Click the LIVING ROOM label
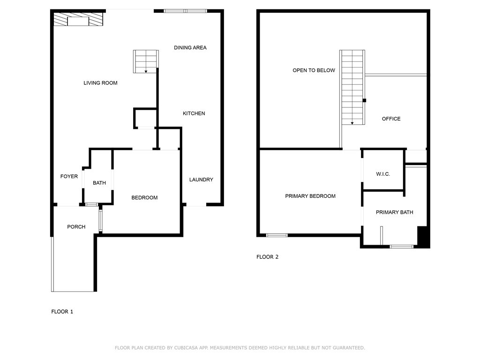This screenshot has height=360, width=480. pos(100,83)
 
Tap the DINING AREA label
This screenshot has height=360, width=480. pos(190,47)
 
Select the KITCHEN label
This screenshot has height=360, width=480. pos(194,113)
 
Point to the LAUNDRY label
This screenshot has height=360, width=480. pos(201,180)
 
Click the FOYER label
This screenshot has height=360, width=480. pos(69,176)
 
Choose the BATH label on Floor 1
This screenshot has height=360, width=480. pos(99,183)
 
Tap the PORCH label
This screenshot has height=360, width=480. pos(76,227)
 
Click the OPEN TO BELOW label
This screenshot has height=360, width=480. pos(314,70)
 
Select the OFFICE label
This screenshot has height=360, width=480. pos(391,119)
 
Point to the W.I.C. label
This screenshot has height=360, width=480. pos(382,174)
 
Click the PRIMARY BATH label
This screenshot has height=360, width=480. pos(394,212)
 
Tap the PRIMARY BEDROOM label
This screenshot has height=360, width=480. pos(310,196)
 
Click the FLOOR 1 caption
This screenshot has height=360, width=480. pos(62,311)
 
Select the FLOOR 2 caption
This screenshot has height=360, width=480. pos(267,257)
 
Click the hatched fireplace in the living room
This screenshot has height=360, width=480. pos(77,20)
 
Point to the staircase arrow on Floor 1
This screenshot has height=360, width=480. pos(146,71)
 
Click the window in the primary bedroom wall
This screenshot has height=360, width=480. pos(277,235)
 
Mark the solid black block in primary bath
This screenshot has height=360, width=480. pos(423,237)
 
